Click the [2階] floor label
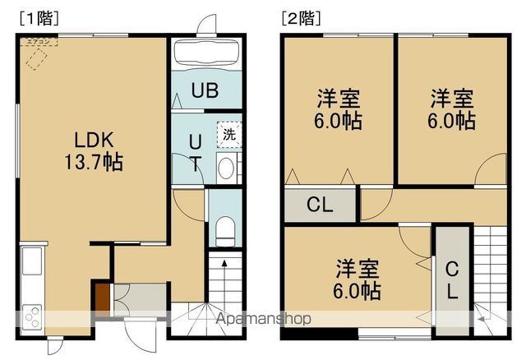coord(301,16)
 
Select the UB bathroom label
coord(205,91)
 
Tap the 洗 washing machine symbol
coord(227,133)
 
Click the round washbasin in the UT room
coord(226,168)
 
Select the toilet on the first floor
coord(224,229)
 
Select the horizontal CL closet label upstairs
coord(320,205)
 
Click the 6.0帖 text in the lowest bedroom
coord(358,290)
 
